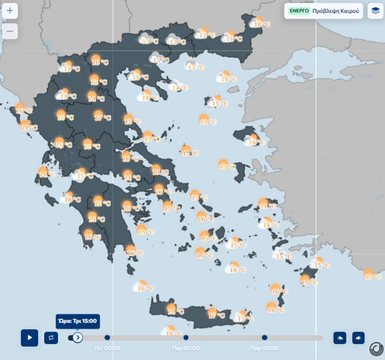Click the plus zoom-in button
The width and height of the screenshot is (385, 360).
[10, 10]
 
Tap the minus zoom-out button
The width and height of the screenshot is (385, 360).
[10, 31]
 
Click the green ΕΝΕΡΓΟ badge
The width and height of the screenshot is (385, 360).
[299, 11]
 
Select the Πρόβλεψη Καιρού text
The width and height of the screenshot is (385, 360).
[336, 11]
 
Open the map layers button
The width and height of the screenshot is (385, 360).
[375, 11]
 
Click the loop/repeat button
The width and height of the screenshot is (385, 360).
[51, 338]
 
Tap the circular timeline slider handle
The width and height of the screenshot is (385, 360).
[77, 337]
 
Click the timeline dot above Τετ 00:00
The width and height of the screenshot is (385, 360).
[107, 337]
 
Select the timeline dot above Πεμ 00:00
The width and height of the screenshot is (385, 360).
[186, 337]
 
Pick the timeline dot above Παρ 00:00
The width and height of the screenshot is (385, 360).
[265, 337]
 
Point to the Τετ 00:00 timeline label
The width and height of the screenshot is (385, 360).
[107, 348]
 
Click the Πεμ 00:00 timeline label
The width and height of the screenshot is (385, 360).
[186, 348]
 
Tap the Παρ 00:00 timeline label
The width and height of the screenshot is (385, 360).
[265, 348]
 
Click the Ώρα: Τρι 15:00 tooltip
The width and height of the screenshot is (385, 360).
[78, 321]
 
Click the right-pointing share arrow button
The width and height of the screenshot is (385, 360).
[358, 338]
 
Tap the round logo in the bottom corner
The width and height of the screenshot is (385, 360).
[376, 349]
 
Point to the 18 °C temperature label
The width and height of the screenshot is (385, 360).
[262, 24]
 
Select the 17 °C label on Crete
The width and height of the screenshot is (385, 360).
[217, 315]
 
